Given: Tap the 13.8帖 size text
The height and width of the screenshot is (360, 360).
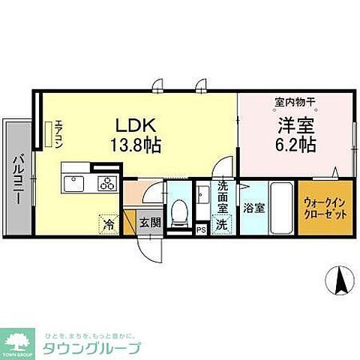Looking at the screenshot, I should [x=135, y=142].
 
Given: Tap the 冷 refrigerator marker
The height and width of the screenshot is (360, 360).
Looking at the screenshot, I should [x=108, y=223].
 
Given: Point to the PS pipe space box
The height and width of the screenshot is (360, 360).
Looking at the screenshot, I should [x=200, y=230].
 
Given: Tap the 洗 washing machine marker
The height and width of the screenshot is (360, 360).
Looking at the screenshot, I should [x=222, y=223].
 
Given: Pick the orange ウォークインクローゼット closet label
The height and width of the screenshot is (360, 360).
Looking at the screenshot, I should [x=324, y=207].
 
